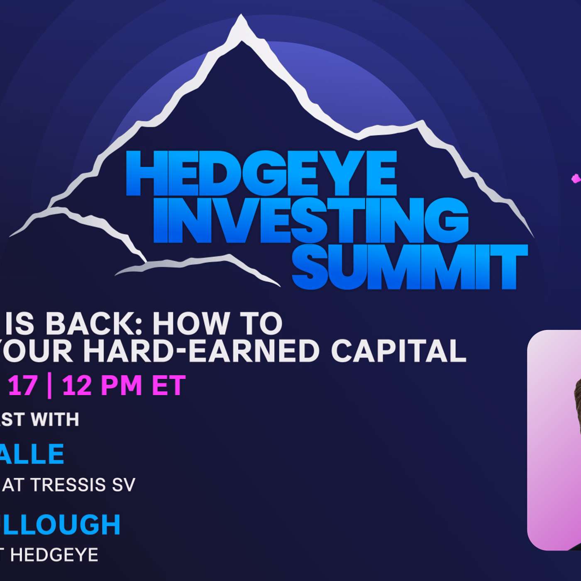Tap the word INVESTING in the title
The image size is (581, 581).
click(310, 220)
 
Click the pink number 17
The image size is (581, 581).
click(23, 386)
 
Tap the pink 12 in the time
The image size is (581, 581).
click(77, 386)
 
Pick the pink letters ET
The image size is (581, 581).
click(168, 386)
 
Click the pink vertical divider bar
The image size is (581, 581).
click(49, 386)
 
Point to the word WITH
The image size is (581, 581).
click(55, 420)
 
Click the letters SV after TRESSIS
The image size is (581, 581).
click(124, 485)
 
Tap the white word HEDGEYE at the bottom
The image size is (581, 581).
click(54, 555)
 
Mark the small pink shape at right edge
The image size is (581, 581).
click(576, 179)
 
